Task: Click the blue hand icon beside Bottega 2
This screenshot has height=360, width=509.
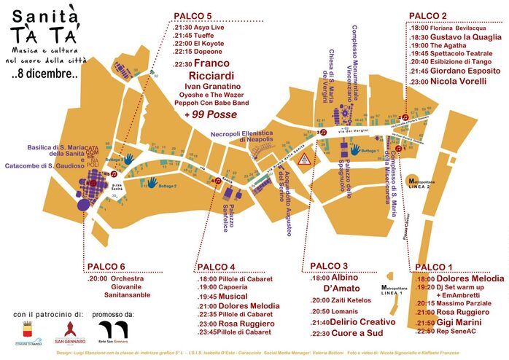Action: click(x=153, y=181)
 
